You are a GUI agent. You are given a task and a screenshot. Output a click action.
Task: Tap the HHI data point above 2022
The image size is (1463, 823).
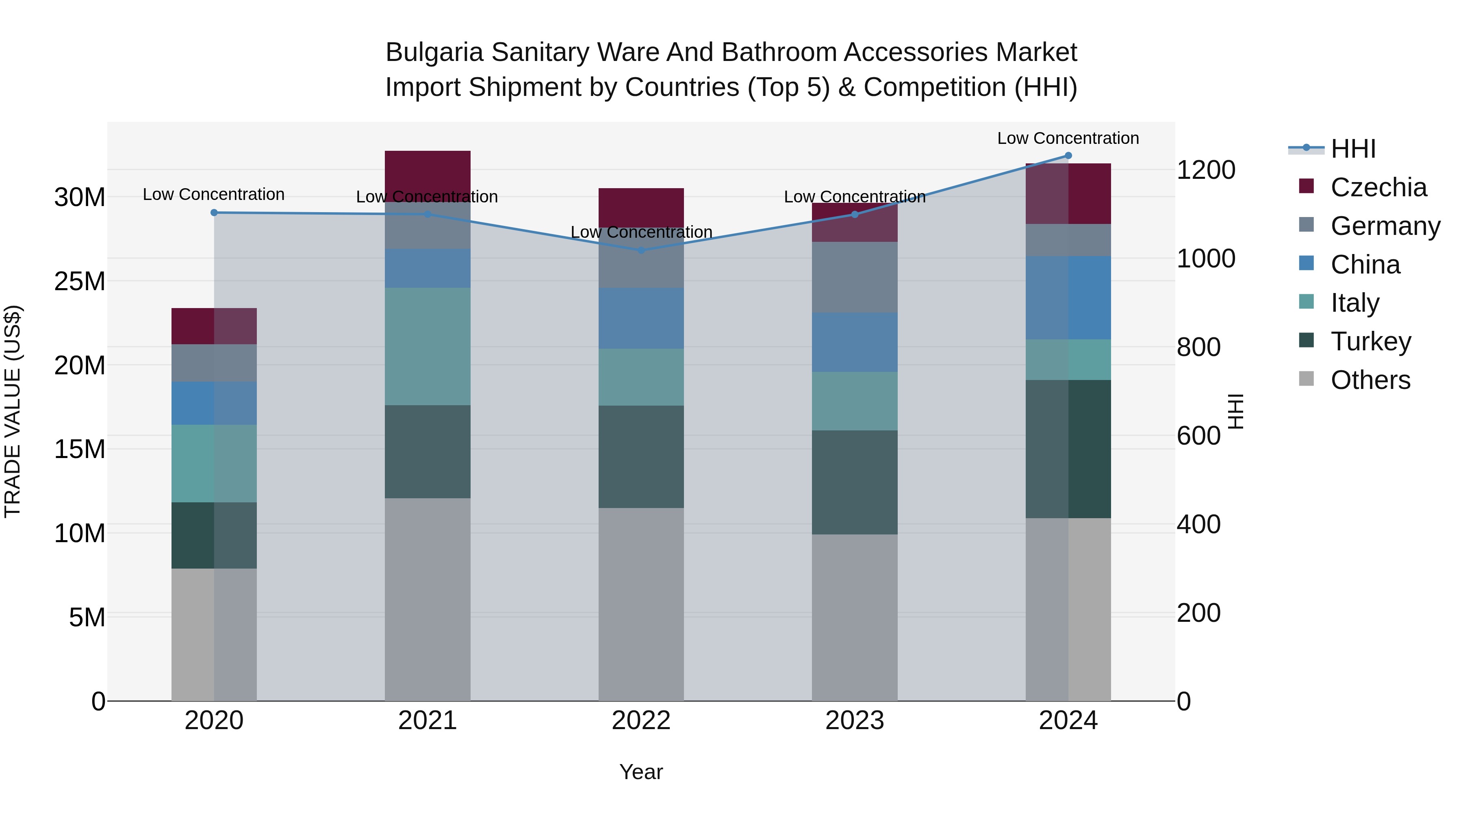coord(641,250)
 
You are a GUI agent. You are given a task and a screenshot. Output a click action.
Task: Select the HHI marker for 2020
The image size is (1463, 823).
coord(214,213)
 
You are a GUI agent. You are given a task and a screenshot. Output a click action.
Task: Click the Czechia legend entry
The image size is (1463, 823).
coord(1378,187)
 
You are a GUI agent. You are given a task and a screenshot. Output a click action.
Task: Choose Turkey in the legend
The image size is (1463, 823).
coord(1370,341)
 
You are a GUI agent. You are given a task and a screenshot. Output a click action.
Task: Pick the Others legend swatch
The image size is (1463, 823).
coord(1306,379)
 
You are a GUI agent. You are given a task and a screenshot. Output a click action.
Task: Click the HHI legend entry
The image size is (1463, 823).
coord(1353,149)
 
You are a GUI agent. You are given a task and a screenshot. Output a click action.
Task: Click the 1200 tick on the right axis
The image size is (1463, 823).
coord(1205,170)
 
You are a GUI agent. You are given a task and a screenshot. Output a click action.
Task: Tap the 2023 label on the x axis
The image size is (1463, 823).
coord(854,721)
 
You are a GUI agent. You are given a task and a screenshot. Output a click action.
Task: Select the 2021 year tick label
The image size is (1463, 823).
coord(427,721)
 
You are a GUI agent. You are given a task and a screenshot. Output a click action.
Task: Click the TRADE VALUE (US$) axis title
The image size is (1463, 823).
coord(13,411)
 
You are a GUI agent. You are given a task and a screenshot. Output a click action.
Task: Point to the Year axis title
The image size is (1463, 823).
coord(641,772)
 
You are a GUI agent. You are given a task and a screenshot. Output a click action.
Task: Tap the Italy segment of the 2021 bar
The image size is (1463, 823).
coord(428,346)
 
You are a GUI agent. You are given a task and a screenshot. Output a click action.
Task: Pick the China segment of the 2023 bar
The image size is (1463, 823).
coord(854,342)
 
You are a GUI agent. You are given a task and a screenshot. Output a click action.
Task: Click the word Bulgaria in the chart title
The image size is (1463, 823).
coord(434,52)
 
